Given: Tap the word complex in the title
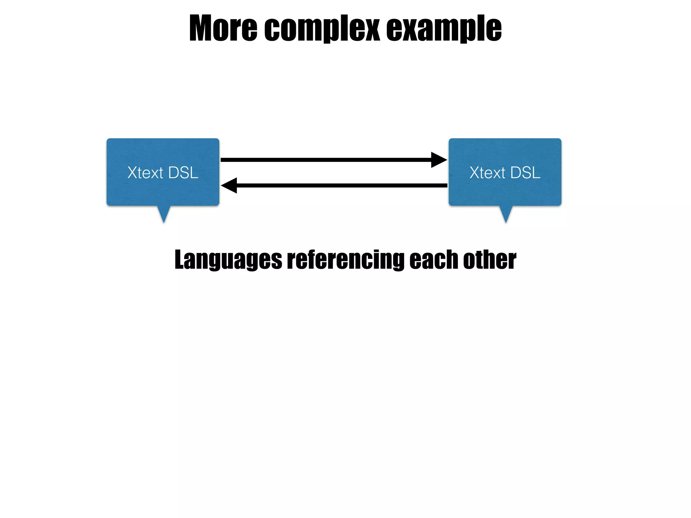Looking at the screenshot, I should click(x=322, y=28).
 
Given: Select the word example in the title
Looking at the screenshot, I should click(x=444, y=28).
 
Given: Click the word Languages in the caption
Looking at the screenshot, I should click(x=228, y=260).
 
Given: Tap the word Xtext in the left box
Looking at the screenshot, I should click(x=145, y=173).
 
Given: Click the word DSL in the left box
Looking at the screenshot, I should click(x=183, y=173).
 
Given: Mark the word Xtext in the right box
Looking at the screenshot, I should click(x=487, y=173).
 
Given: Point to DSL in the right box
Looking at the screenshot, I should click(x=525, y=173).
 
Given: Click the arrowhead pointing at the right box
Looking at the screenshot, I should click(x=439, y=160).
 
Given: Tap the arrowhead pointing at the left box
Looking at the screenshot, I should click(x=229, y=185).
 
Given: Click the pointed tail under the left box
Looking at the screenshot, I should click(x=164, y=214).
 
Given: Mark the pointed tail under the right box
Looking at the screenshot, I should click(x=506, y=214).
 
